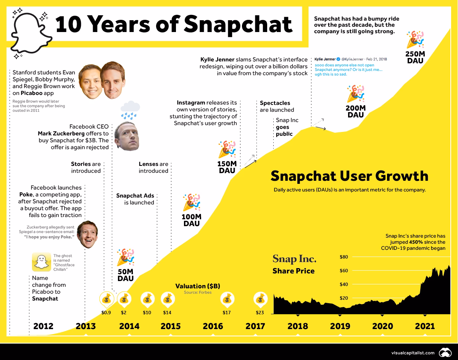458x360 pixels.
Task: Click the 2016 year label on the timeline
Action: [x=213, y=326]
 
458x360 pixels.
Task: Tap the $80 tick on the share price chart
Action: [x=343, y=257]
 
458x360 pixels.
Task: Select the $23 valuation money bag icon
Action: [x=260, y=300]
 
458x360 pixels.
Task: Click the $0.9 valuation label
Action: [x=106, y=313]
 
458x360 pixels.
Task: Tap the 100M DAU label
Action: [x=192, y=220]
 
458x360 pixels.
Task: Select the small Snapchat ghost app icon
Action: [x=41, y=262]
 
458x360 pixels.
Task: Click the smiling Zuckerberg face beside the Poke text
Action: [x=87, y=235]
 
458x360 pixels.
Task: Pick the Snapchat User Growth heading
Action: [x=349, y=176]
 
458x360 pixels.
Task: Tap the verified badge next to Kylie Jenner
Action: [x=338, y=59]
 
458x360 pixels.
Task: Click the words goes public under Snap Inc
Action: [x=284, y=130]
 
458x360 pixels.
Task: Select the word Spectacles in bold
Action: [x=275, y=103]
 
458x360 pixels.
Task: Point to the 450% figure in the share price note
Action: [x=417, y=242]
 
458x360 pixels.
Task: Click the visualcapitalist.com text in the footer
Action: [x=413, y=352]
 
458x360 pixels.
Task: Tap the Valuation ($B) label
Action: [x=197, y=286]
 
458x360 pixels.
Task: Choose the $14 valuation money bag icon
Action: [x=167, y=300]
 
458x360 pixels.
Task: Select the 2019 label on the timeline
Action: [x=340, y=326]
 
